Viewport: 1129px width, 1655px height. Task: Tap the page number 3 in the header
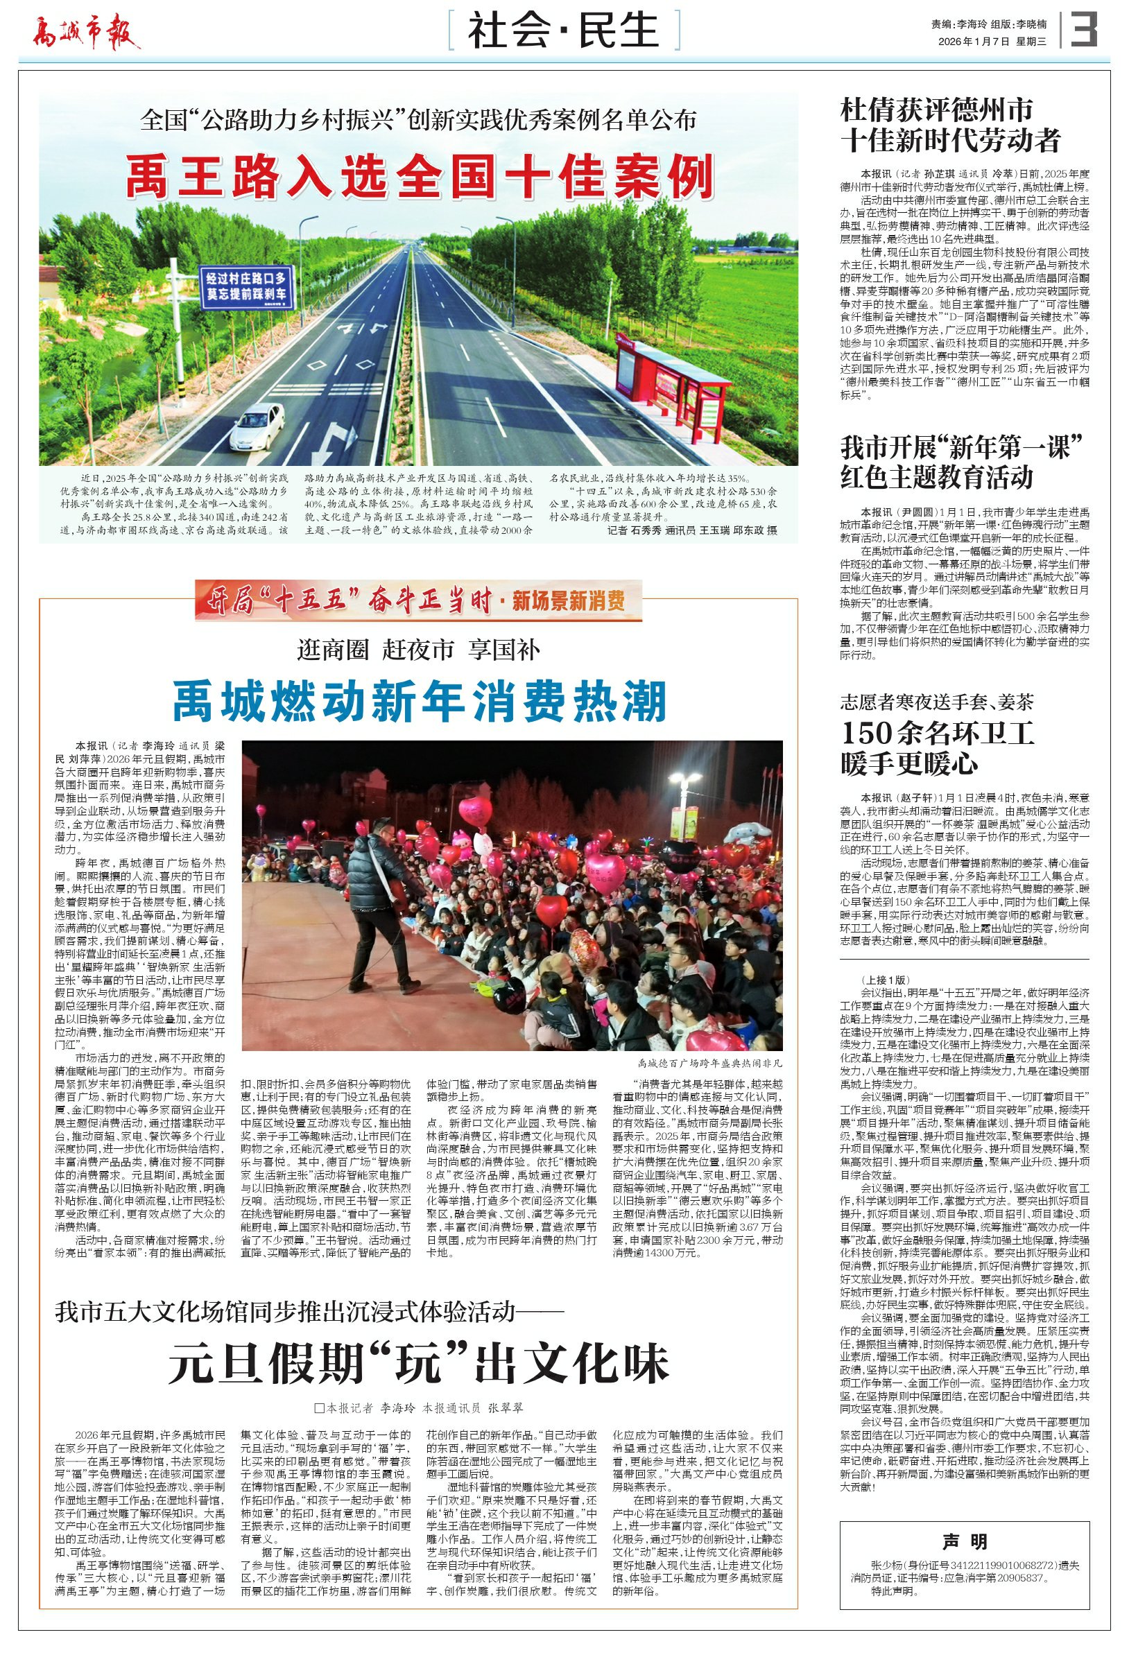pyautogui.click(x=1085, y=30)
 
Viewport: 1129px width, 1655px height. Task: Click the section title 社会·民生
pyautogui.click(x=563, y=32)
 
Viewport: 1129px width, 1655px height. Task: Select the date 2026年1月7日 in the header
pyautogui.click(x=974, y=42)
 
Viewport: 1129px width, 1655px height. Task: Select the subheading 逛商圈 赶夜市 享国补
pyautogui.click(x=419, y=650)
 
